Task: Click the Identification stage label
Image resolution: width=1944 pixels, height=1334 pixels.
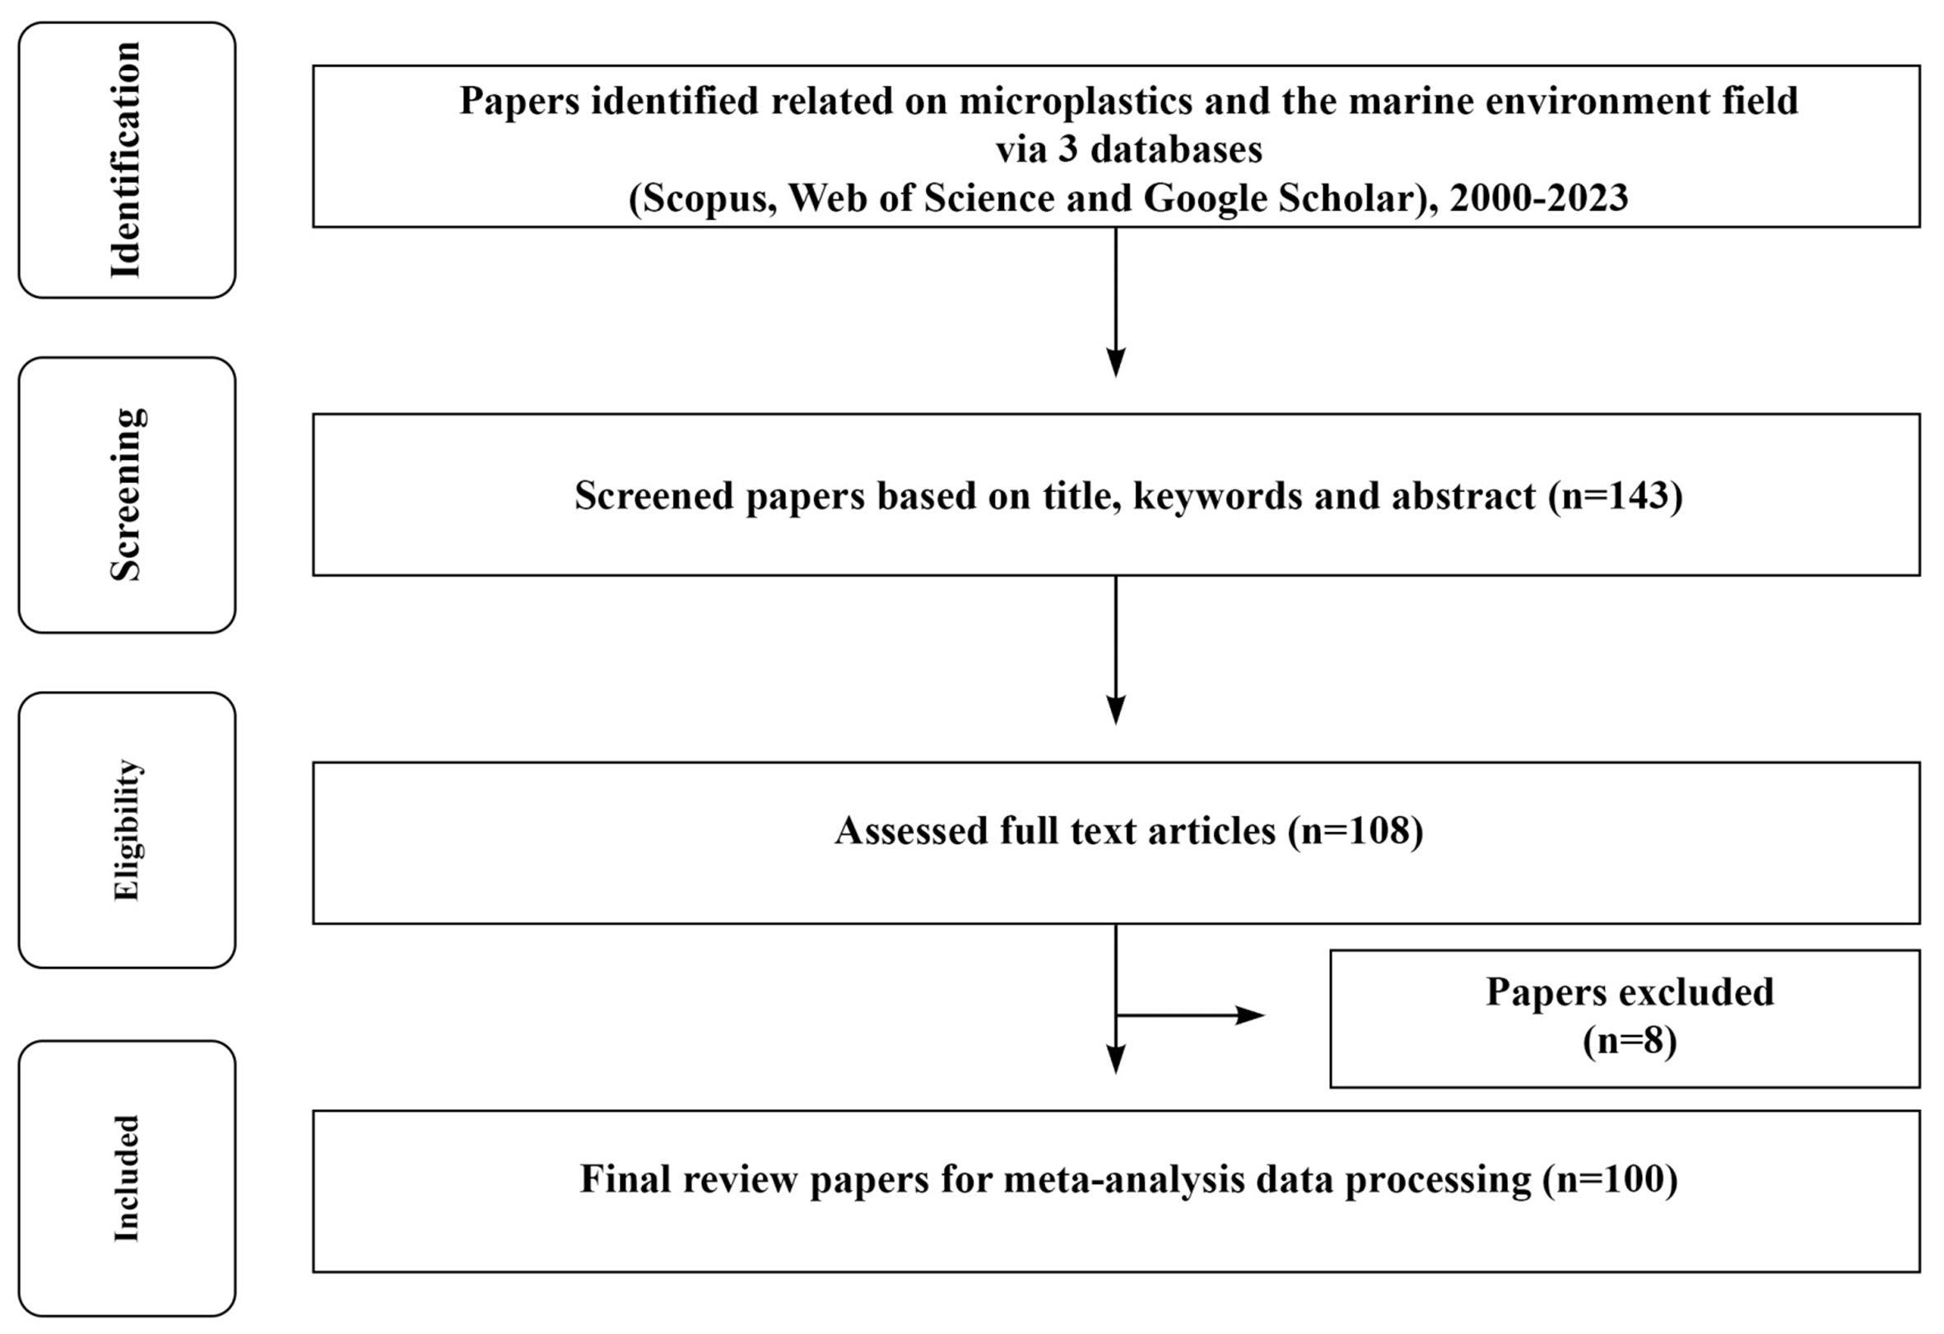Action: point(126,160)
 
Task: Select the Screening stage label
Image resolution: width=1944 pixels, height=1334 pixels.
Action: point(126,495)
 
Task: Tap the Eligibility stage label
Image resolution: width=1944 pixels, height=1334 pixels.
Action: point(126,830)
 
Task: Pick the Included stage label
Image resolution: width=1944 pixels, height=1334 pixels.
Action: point(126,1178)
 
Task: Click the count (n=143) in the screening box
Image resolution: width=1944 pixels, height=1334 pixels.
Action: point(1616,495)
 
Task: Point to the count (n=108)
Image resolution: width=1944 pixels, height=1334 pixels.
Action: point(1356,830)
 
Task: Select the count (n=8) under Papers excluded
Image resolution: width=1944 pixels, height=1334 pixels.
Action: point(1630,1041)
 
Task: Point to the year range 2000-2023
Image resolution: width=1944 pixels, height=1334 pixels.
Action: point(1539,198)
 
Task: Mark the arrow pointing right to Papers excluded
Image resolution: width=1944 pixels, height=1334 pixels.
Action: point(1190,1016)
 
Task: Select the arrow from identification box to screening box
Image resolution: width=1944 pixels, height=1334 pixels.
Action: point(1116,302)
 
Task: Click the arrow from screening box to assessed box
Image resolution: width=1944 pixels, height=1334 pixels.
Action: point(1116,650)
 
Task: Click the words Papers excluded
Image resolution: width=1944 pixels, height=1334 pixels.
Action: point(1630,992)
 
